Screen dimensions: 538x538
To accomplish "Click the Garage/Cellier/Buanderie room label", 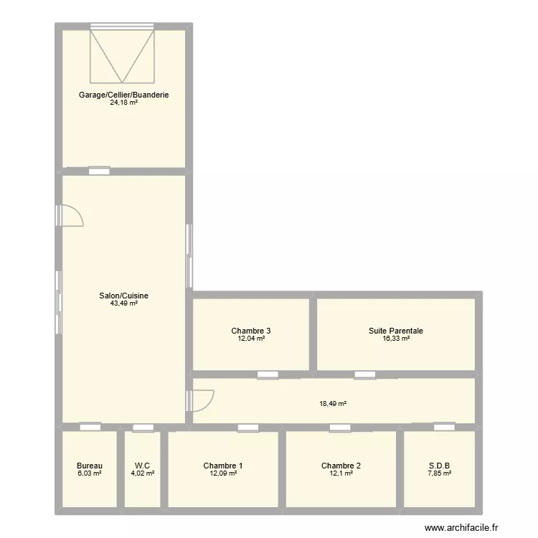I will point(124,95).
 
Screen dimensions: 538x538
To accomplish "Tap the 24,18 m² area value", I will point(124,103).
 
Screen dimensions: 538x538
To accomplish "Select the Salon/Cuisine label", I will point(124,295).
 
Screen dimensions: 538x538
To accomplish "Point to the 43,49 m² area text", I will point(124,303).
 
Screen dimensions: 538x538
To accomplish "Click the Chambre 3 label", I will point(251,331).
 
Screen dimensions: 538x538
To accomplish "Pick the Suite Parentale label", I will point(396,331).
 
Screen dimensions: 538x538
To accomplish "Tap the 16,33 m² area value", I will point(396,339).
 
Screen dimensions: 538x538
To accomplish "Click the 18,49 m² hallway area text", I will point(333,404).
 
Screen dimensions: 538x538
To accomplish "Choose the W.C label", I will point(143,466).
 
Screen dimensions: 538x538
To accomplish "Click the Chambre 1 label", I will point(222,466).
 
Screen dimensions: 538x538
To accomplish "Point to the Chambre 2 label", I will point(341,466).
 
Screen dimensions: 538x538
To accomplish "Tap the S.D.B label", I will point(439,466).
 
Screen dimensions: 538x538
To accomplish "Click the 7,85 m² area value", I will point(439,473).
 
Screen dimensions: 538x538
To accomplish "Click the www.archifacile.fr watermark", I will point(461,527).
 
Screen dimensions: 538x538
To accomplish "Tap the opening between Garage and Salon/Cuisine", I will point(99,171).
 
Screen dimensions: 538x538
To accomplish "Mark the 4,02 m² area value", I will point(143,473).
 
